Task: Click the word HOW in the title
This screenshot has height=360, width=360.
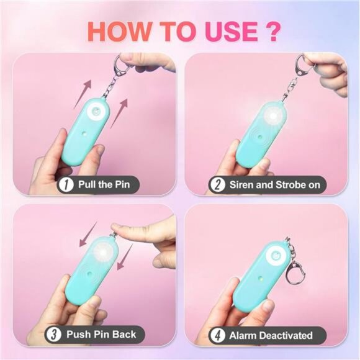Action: pyautogui.click(x=119, y=32)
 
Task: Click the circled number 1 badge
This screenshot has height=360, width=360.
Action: pyautogui.click(x=66, y=184)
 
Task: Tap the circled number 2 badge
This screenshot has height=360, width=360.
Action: pyautogui.click(x=217, y=185)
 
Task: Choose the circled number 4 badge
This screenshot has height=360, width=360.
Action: pyautogui.click(x=217, y=335)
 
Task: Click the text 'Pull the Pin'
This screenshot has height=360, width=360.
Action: pyautogui.click(x=104, y=184)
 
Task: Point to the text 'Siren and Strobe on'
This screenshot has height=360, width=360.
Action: pyautogui.click(x=274, y=185)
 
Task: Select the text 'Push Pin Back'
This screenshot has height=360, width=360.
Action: pyautogui.click(x=101, y=335)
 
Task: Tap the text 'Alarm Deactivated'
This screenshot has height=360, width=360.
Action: pyautogui.click(x=271, y=335)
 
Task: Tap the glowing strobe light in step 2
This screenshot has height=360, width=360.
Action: pyautogui.click(x=273, y=117)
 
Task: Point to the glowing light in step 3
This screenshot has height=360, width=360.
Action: pyautogui.click(x=102, y=253)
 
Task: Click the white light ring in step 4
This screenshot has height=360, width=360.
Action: pyautogui.click(x=276, y=256)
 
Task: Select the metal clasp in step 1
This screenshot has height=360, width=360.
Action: pyautogui.click(x=122, y=65)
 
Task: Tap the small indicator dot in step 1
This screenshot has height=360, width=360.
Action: pyautogui.click(x=84, y=133)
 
